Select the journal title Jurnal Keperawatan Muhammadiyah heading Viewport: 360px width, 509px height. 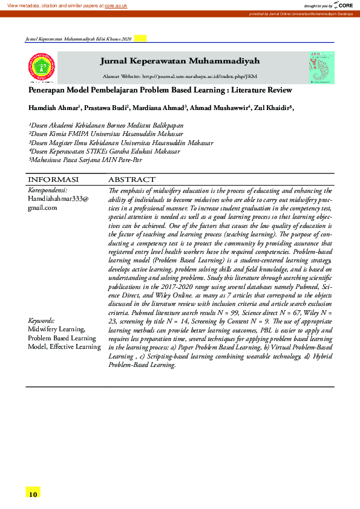point(180,61)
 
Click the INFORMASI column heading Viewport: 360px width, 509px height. point(54,180)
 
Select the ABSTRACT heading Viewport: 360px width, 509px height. point(131,180)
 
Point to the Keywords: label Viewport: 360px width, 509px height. point(42,320)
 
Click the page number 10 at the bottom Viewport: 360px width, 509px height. point(33,494)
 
